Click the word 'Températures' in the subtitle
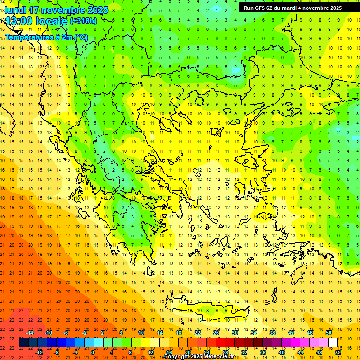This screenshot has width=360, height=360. click(x=28, y=37)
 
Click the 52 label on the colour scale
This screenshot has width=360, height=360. click(x=338, y=352)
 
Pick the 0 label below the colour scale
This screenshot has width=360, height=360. click(x=92, y=352)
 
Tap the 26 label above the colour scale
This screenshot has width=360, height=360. click(x=216, y=333)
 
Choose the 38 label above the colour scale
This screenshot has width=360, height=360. click(x=272, y=333)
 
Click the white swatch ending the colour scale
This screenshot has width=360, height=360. click(x=333, y=343)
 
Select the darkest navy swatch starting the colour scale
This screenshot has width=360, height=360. click(x=23, y=343)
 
